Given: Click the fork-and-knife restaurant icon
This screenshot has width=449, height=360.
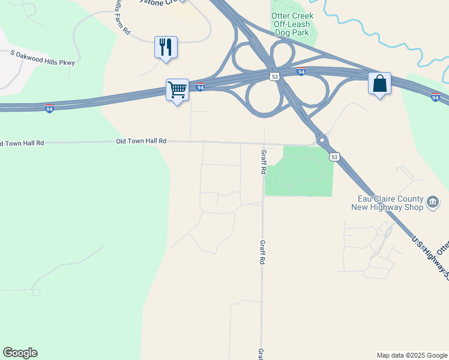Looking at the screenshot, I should tap(166, 47).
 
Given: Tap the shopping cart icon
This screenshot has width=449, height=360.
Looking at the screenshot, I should tap(178, 90).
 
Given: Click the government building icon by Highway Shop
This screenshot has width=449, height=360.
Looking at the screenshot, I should tap(432, 203).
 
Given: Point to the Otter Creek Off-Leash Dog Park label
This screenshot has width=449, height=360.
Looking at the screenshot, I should tap(292, 24).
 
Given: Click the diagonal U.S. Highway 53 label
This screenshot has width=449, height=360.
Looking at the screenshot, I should tap(430, 258).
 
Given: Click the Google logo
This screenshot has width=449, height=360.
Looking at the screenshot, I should tap(20, 353).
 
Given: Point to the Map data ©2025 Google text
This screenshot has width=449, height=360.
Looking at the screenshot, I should tap(411, 355).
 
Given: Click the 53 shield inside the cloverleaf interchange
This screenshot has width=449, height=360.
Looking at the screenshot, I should tap(274, 77).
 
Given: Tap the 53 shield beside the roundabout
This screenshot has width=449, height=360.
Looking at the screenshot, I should tap(334, 157).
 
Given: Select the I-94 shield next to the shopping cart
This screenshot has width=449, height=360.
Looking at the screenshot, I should tap(200, 87).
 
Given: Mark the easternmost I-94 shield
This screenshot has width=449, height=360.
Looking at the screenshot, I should tap(436, 97).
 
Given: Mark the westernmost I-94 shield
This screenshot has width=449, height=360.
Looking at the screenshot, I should tap(50, 108).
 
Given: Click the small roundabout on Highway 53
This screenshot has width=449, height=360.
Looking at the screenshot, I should tap(322, 140).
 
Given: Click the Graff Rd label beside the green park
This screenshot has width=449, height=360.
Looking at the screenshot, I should tap(263, 162).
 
